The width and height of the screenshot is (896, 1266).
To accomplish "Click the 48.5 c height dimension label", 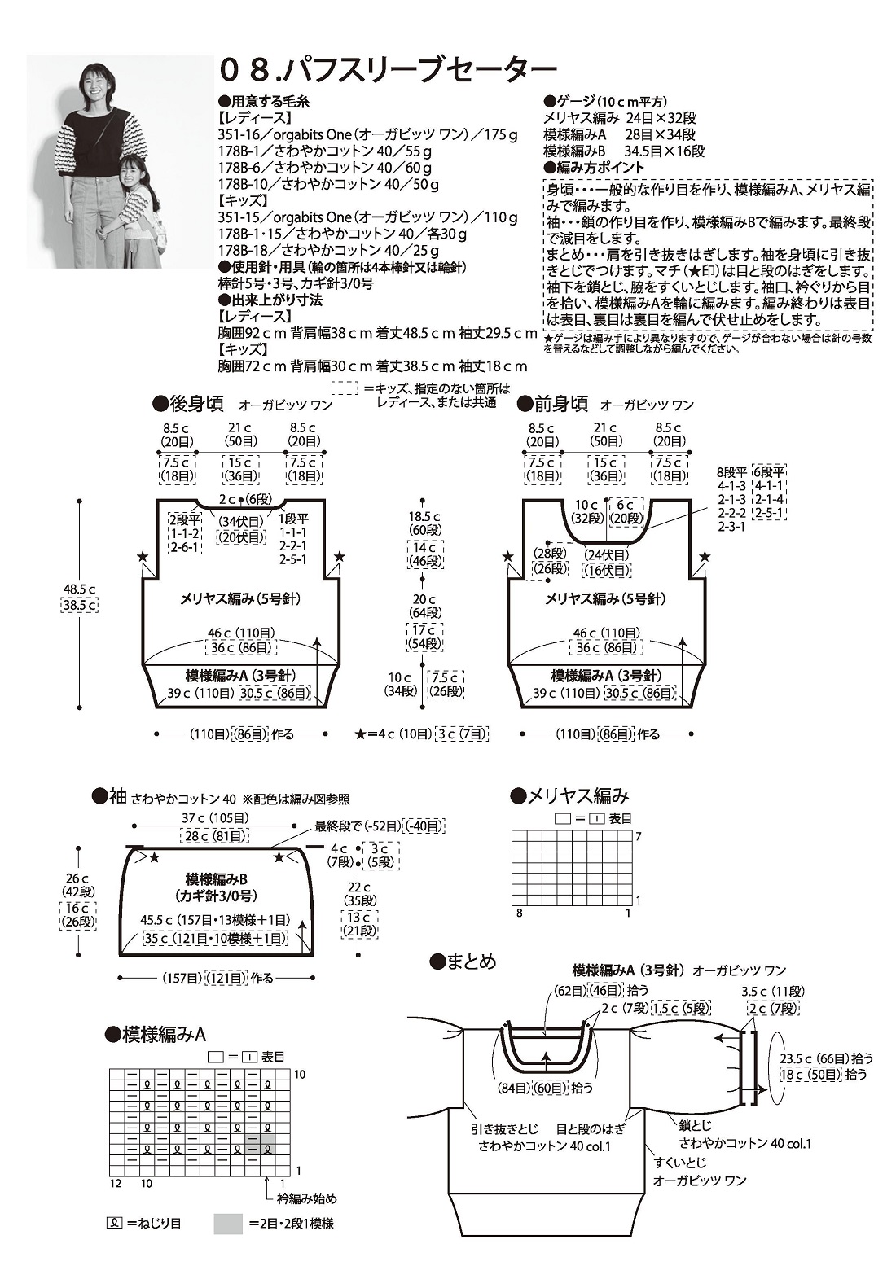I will (80, 589).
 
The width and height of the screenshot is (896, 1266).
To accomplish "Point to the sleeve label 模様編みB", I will (216, 879).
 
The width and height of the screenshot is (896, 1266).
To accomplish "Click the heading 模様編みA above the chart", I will (164, 1034).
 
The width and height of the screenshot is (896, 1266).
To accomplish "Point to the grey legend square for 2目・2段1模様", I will (228, 1224).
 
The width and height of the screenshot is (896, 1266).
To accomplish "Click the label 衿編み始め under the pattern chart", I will (305, 1198).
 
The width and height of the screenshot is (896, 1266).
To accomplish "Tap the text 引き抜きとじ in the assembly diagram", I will (505, 1129).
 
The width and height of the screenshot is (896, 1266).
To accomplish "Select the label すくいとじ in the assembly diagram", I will (681, 1163).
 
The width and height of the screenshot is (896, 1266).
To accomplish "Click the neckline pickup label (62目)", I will (569, 991).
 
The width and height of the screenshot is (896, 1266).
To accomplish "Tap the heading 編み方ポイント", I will (600, 167).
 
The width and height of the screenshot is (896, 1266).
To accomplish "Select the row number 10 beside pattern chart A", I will (300, 1075).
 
